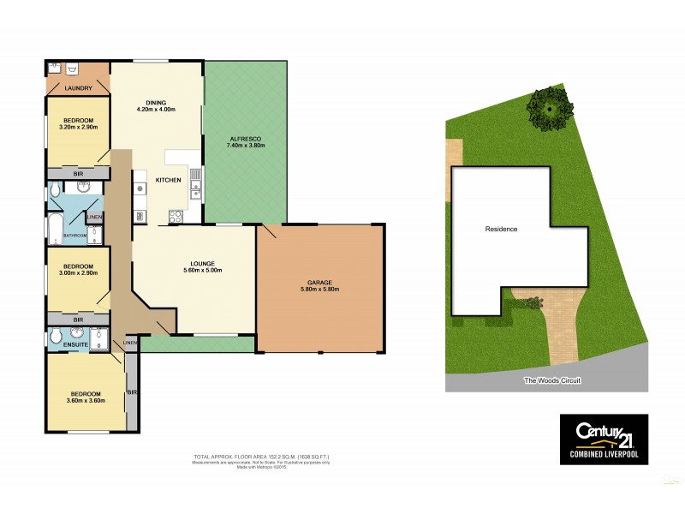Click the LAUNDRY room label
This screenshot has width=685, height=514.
coord(78,87)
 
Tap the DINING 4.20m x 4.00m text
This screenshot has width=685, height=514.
coord(156,106)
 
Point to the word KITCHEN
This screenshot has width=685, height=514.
coord(167,179)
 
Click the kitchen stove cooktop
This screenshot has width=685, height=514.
coord(177,217)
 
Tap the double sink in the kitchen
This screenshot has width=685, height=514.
coord(196,181)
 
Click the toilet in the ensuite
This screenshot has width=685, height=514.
coord(55,334)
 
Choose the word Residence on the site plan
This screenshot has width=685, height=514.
coord(501,229)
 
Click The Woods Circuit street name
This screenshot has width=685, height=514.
coord(552,380)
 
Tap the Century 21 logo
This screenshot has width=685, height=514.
coord(604,439)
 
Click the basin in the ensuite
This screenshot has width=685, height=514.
coord(78,335)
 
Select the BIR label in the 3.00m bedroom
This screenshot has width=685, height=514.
coord(78,319)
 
